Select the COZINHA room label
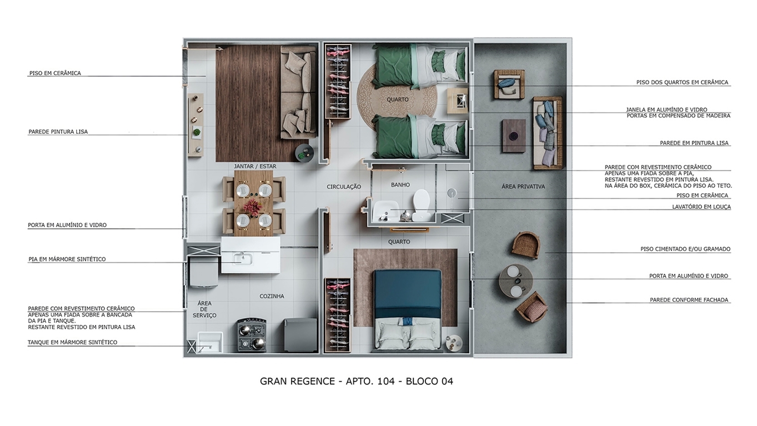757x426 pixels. pos(272,296)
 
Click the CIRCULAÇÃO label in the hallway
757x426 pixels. pos(344,187)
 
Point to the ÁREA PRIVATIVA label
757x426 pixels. pos(523,187)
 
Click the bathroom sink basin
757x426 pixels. pos(383,212)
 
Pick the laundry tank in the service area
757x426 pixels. pos(209,343)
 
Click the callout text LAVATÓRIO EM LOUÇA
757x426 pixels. pos(701,207)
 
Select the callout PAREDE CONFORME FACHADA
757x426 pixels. pos(689,300)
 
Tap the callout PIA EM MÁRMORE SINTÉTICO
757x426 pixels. pos(67,259)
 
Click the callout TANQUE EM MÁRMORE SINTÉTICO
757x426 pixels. pos(72,343)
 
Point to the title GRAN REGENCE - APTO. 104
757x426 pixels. pos(356,382)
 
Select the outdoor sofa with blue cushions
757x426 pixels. pos(547,133)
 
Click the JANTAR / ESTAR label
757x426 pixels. pos(255,166)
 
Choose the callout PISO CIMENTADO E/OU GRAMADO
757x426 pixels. pos(685,249)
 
